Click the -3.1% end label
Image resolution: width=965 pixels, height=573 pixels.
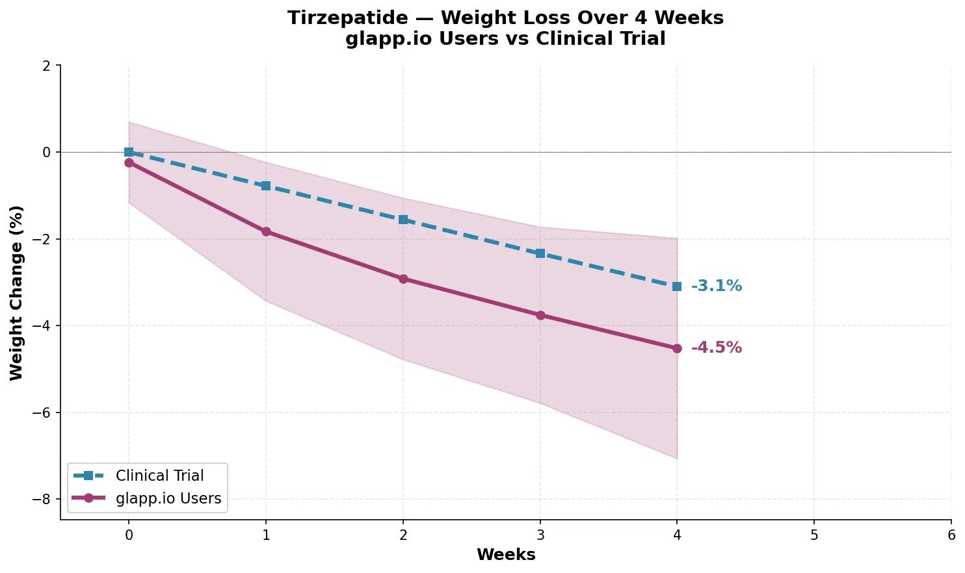click(x=716, y=286)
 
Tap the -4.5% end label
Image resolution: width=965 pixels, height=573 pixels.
click(x=716, y=348)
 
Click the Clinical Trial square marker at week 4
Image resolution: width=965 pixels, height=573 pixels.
click(x=677, y=286)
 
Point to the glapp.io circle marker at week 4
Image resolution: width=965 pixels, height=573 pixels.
click(x=677, y=348)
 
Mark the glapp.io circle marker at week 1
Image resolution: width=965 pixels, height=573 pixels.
click(x=266, y=231)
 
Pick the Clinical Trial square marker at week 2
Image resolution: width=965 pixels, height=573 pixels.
click(x=403, y=220)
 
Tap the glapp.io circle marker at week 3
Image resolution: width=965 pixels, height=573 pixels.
click(x=540, y=315)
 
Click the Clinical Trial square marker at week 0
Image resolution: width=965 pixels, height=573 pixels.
click(x=129, y=152)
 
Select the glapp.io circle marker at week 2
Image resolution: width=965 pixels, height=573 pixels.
click(x=403, y=279)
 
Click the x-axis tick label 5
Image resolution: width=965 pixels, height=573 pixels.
click(x=814, y=535)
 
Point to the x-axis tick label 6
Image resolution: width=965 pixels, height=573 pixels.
click(x=951, y=535)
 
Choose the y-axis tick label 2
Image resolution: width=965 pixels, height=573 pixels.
click(x=47, y=66)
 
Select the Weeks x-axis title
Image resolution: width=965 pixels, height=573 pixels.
click(x=506, y=555)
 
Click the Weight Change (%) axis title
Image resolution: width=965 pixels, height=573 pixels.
click(x=16, y=292)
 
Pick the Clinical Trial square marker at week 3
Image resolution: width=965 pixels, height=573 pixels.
click(x=540, y=253)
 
